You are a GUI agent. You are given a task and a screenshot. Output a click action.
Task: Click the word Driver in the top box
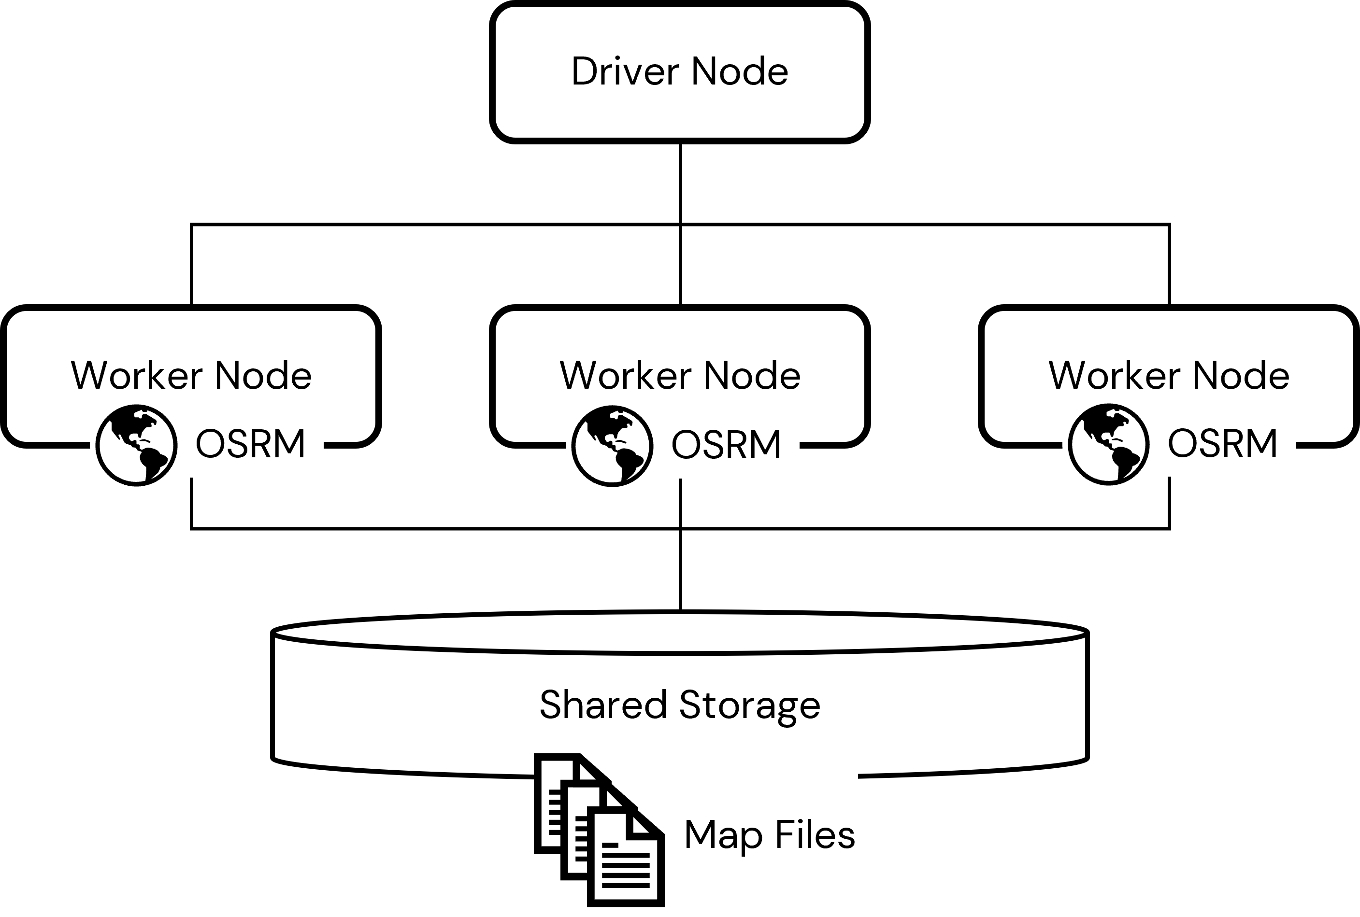[625, 72]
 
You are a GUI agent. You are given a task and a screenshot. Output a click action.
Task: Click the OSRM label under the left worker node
[250, 444]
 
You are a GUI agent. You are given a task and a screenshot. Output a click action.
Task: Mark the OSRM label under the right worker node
[1222, 443]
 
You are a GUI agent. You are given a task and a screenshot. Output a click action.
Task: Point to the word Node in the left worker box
[263, 376]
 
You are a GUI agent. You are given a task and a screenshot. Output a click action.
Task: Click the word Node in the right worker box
[1241, 376]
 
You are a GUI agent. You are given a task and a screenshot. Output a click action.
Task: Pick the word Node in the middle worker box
[752, 376]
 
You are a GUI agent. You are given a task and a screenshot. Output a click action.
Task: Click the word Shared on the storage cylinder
[602, 704]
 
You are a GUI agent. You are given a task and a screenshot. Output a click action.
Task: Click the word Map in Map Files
[723, 835]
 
